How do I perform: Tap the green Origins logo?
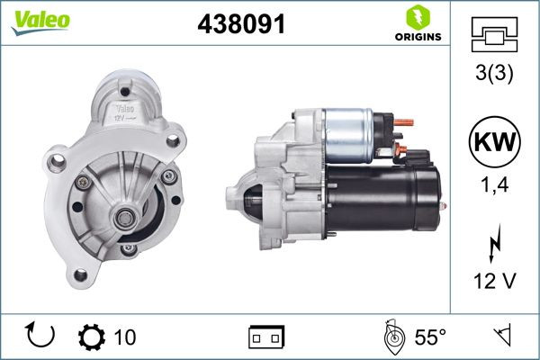click(x=417, y=23)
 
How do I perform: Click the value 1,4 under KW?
click(x=495, y=187)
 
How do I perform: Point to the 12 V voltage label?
click(x=495, y=283)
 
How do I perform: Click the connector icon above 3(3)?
click(x=495, y=36)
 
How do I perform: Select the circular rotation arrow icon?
click(x=41, y=337)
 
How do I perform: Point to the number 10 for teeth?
click(x=125, y=337)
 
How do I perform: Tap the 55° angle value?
click(x=430, y=337)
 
